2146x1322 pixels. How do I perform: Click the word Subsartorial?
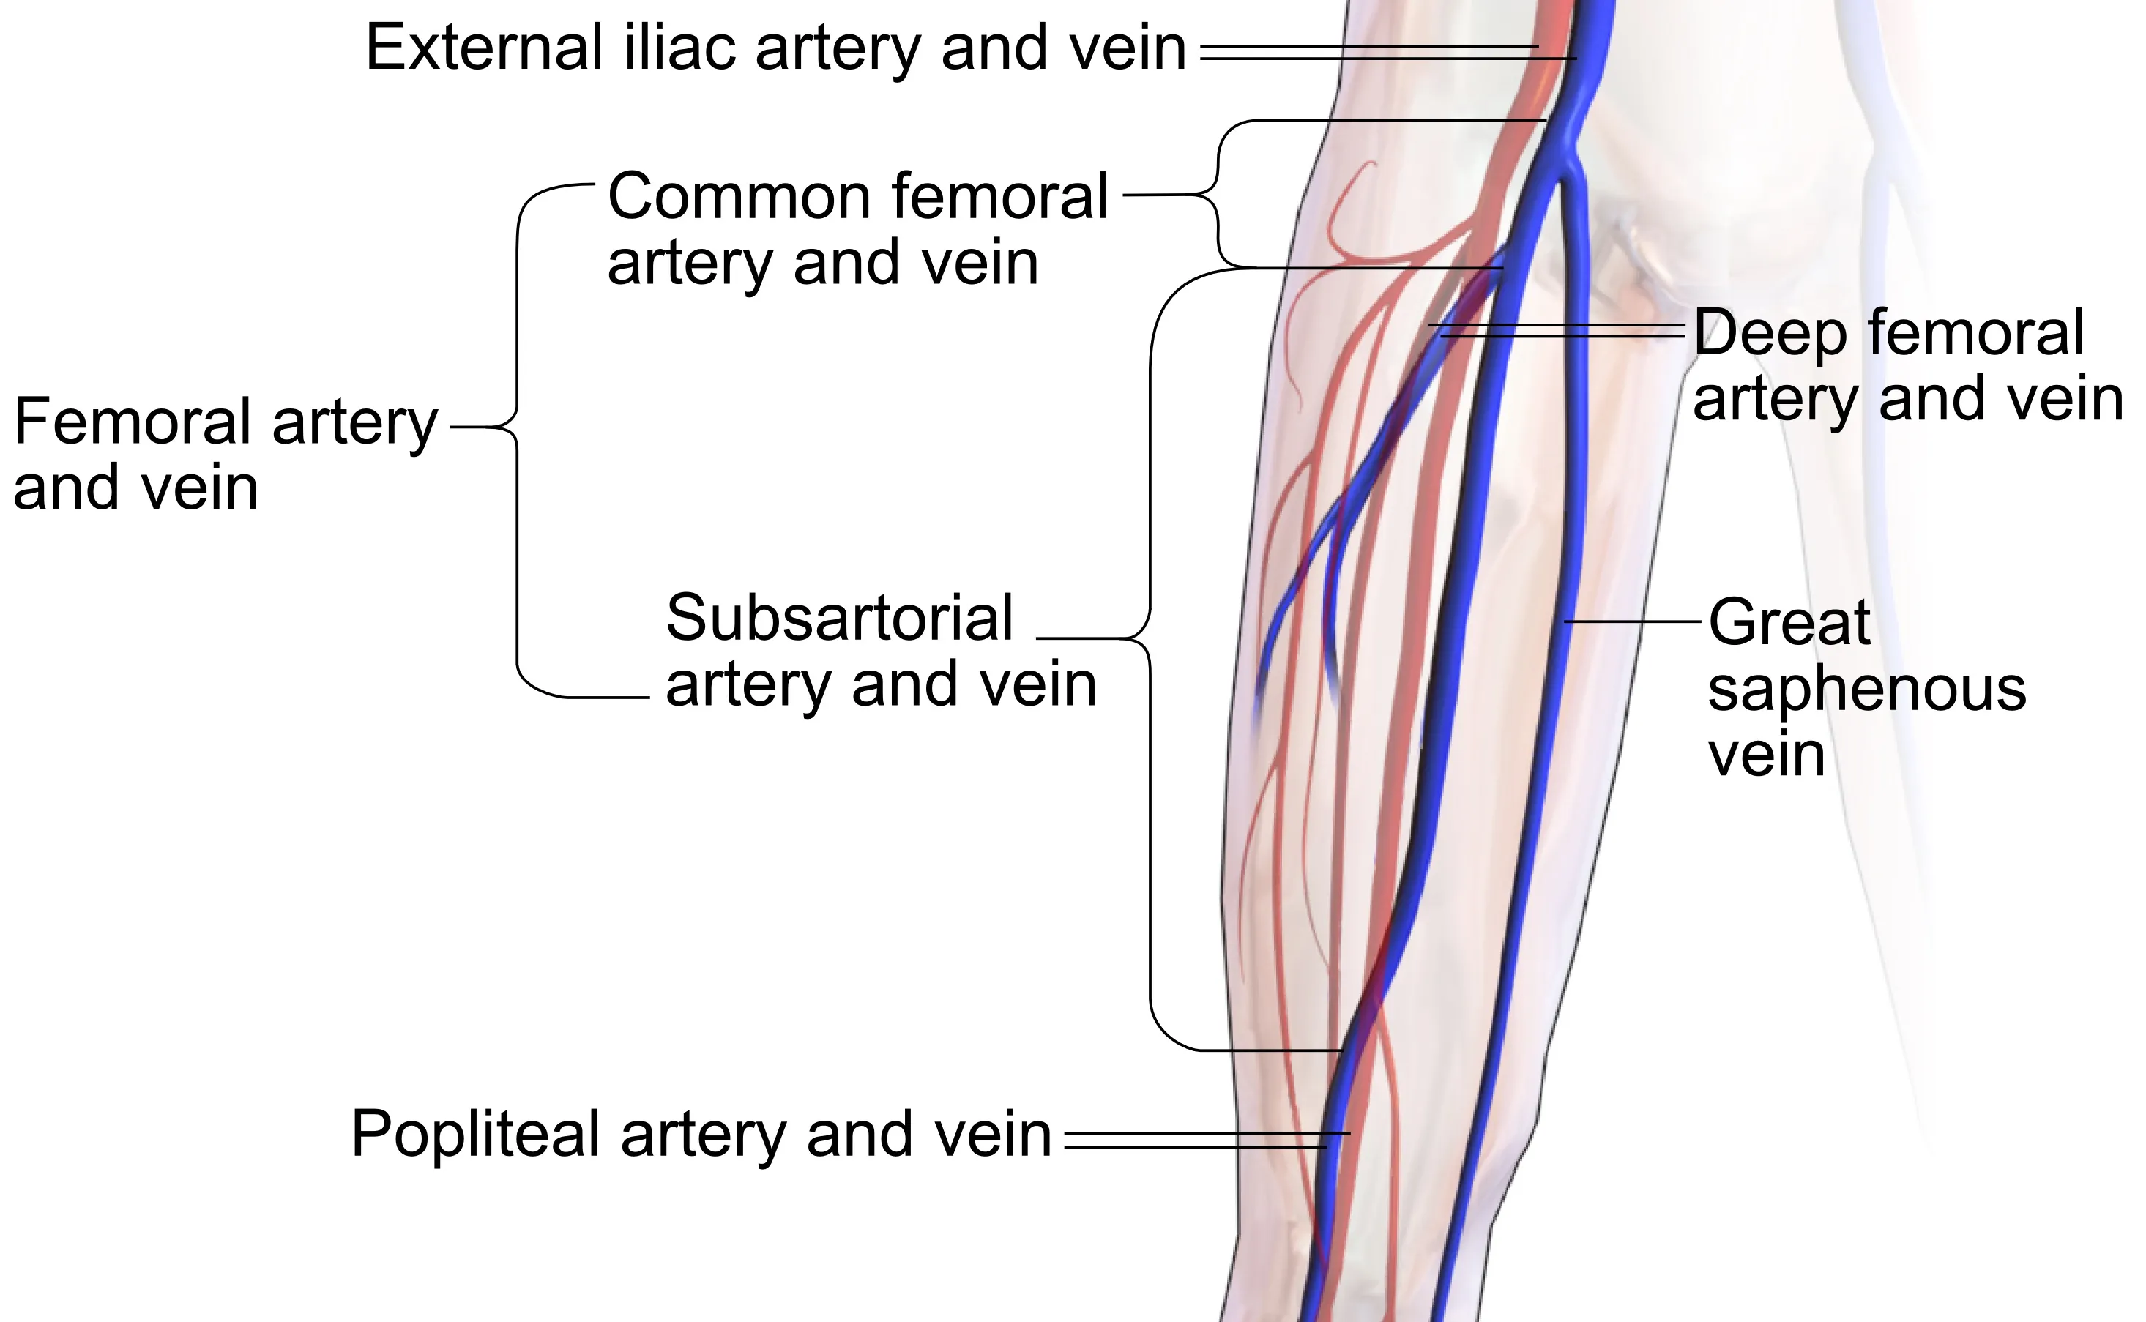click(x=838, y=617)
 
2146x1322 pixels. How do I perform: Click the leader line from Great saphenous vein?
click(x=1632, y=621)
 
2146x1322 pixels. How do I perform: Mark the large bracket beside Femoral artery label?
click(x=517, y=428)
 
